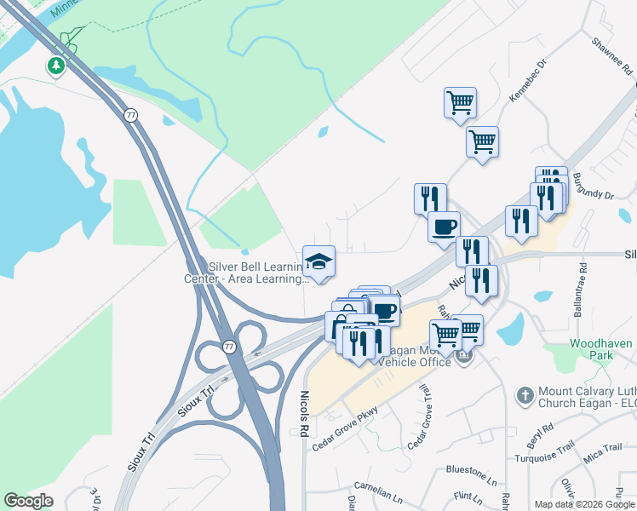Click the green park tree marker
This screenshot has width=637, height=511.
[56, 66]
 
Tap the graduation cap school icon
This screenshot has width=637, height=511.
[318, 261]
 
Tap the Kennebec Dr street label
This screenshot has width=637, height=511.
[525, 84]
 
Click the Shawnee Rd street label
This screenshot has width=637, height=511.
[607, 51]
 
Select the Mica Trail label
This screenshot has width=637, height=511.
[602, 447]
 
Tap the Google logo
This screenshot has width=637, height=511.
[29, 501]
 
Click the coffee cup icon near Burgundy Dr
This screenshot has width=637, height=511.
[443, 227]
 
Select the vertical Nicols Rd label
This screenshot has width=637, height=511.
[303, 414]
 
